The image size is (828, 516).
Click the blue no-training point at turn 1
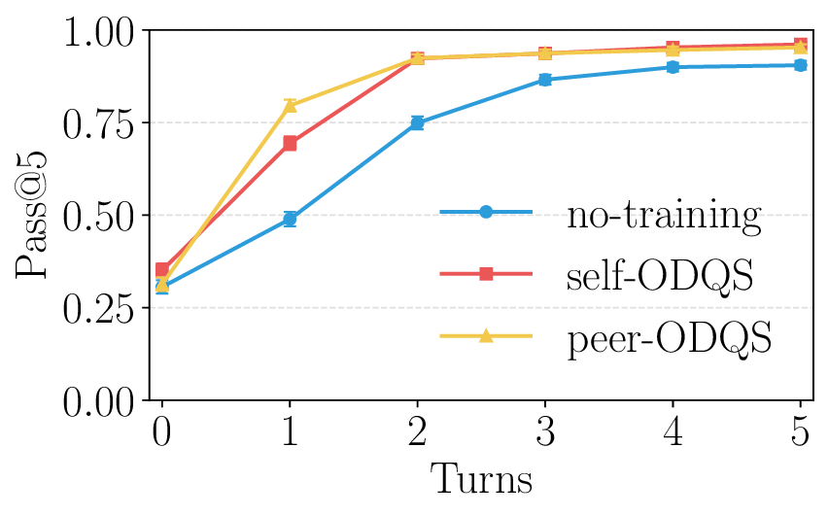[x=290, y=219]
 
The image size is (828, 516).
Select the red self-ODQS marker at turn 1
[x=290, y=143]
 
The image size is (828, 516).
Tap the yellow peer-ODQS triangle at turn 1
[x=290, y=105]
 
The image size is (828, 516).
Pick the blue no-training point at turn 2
[x=417, y=122]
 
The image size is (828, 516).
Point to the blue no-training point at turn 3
[x=545, y=79]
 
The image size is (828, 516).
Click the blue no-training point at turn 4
[x=673, y=67]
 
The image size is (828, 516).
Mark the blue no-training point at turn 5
[x=800, y=65]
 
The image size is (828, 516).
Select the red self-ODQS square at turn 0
[x=161, y=269]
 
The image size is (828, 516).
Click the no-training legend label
[x=664, y=214]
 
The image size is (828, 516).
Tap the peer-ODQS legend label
[x=670, y=338]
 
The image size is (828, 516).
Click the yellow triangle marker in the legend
[x=486, y=336]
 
